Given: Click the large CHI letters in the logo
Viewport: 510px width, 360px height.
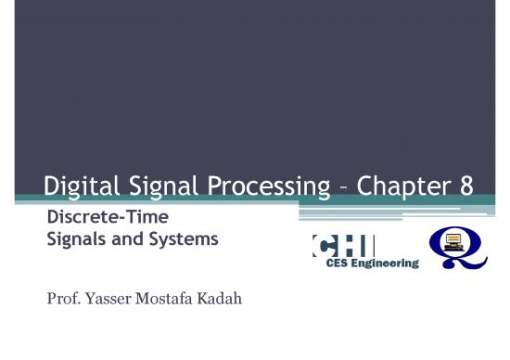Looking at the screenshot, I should pyautogui.click(x=344, y=246).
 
